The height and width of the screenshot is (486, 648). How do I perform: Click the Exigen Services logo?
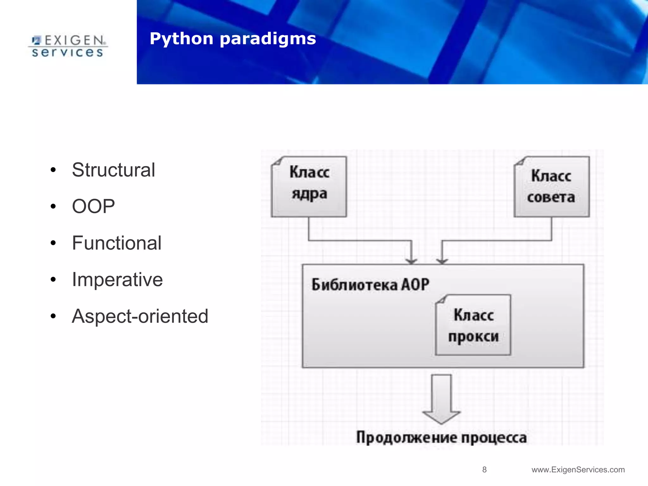coord(68,46)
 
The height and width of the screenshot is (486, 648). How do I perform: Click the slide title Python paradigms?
coord(233,39)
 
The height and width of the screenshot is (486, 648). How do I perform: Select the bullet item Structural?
coord(113,170)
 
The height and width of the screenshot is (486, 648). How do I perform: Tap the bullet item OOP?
coord(93,206)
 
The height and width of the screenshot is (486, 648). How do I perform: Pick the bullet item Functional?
coord(116,243)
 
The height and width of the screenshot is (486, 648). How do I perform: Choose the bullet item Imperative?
coord(117,280)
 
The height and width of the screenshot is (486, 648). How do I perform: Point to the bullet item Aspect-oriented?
coord(140,316)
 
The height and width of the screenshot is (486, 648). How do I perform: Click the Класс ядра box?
coord(309,187)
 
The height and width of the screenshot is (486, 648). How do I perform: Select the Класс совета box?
coord(551,187)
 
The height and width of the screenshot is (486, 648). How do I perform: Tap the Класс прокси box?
coord(473,325)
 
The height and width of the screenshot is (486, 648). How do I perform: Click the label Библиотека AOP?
coord(370,284)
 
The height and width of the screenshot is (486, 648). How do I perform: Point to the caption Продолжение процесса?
coord(441,438)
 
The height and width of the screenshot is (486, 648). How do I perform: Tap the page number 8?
coord(484,470)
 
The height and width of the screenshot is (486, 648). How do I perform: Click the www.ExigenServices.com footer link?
coord(578,470)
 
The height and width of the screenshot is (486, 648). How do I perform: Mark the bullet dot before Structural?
coord(53,170)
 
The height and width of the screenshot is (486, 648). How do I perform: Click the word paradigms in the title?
coord(268,39)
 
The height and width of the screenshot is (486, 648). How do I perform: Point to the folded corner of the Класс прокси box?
coord(441,300)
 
